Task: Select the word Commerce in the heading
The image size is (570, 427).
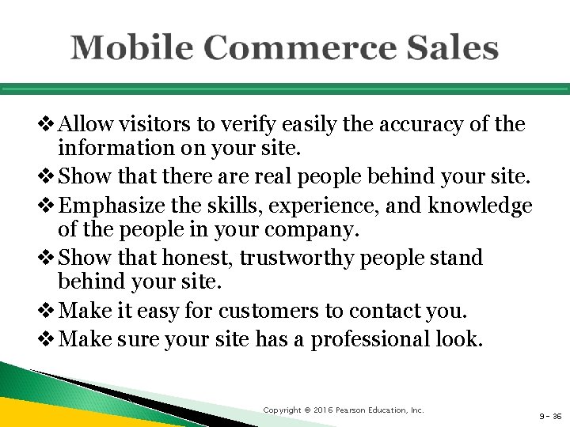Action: coord(284,48)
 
